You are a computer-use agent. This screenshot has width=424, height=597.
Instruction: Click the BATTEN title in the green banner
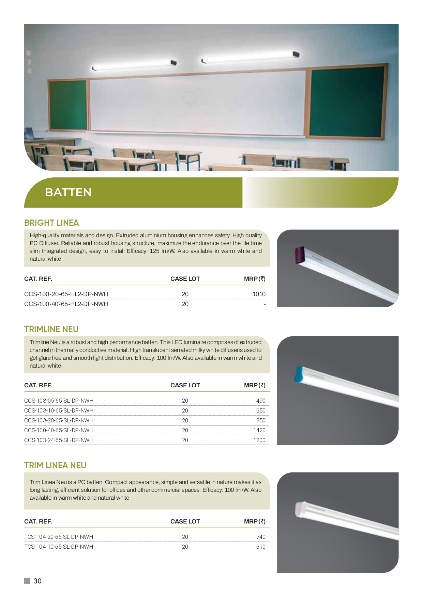(68, 192)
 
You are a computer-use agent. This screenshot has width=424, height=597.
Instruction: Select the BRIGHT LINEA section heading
(51, 223)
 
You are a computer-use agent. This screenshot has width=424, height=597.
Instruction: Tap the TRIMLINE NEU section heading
(51, 329)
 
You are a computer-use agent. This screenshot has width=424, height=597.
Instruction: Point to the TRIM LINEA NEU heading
(55, 466)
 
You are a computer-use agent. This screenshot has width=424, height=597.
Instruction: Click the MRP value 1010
(259, 294)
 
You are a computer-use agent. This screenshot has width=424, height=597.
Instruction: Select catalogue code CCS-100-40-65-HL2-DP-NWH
(66, 304)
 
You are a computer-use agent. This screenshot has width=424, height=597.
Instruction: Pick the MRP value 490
(261, 401)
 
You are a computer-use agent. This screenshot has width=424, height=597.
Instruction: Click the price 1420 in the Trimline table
(259, 430)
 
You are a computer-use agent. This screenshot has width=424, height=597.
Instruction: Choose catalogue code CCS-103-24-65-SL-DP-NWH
(59, 440)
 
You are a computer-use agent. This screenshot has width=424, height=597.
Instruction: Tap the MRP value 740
(261, 537)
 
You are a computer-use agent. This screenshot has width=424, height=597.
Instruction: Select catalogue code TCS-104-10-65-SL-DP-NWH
(59, 547)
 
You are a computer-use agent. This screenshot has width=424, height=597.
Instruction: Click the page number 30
(37, 581)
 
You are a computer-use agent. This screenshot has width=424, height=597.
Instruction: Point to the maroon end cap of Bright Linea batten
(299, 255)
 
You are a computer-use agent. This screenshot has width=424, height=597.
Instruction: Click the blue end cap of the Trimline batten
(299, 373)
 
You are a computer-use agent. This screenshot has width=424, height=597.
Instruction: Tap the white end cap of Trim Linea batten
(301, 510)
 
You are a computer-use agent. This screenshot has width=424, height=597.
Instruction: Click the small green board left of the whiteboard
(68, 105)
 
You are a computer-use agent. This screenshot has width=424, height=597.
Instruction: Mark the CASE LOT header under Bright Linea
(185, 279)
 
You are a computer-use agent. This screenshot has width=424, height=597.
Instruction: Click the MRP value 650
(261, 410)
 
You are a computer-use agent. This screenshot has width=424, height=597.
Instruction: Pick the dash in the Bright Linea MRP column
(264, 304)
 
